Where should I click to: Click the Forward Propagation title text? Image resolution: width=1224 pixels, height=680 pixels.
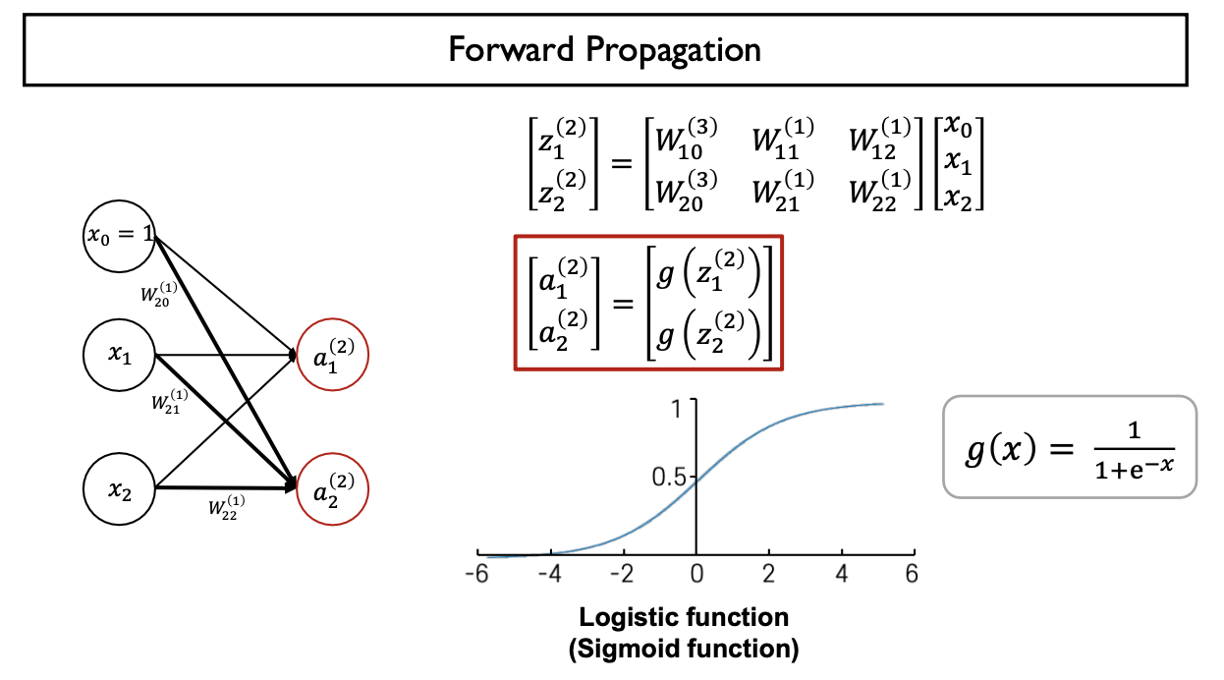[x=605, y=50]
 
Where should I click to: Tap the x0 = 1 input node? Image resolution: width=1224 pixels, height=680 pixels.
[x=119, y=237]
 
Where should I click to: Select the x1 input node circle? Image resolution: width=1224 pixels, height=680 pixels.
[x=120, y=357]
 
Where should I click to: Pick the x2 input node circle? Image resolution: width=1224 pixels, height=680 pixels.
[x=120, y=490]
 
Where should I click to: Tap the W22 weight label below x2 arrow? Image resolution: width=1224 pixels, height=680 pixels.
[x=226, y=508]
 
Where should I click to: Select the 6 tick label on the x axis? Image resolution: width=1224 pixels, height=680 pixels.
[x=911, y=574]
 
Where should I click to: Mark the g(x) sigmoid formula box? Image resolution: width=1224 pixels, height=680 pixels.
[x=1069, y=446]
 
